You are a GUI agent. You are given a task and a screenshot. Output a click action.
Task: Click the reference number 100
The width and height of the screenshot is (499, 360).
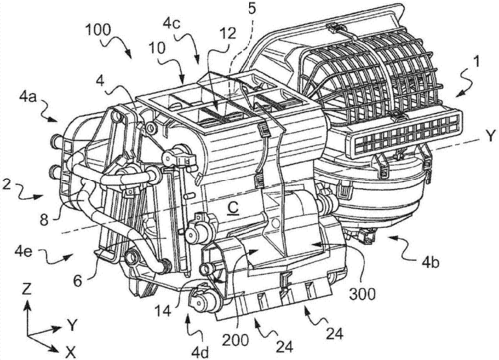click(x=98, y=30)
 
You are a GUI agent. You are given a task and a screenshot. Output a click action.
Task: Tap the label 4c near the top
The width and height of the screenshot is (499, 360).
click(x=172, y=23)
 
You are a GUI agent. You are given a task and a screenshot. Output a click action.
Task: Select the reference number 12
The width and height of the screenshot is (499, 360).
click(x=228, y=33)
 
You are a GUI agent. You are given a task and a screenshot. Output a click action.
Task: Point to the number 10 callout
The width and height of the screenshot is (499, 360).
click(x=157, y=48)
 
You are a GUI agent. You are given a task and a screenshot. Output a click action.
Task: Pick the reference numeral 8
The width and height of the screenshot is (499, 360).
click(x=44, y=219)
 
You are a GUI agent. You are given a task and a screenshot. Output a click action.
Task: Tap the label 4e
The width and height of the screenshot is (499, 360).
click(x=23, y=251)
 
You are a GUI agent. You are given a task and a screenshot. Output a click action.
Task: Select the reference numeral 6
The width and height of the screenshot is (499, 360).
click(x=78, y=281)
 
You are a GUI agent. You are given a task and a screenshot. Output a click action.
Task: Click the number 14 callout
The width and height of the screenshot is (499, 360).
click(x=162, y=311)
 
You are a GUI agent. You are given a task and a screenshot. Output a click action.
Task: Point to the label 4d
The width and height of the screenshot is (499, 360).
click(x=200, y=352)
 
